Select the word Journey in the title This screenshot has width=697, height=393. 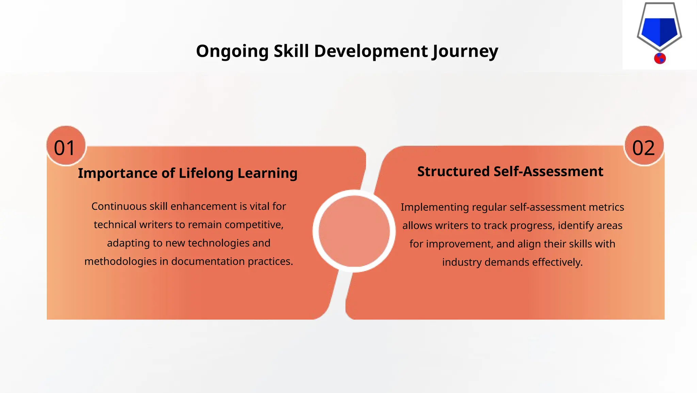click(x=465, y=51)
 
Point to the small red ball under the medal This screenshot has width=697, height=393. click(x=660, y=58)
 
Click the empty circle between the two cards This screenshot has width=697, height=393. click(x=354, y=231)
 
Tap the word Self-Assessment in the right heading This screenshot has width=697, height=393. click(x=548, y=171)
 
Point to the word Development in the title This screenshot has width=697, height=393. click(x=371, y=51)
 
